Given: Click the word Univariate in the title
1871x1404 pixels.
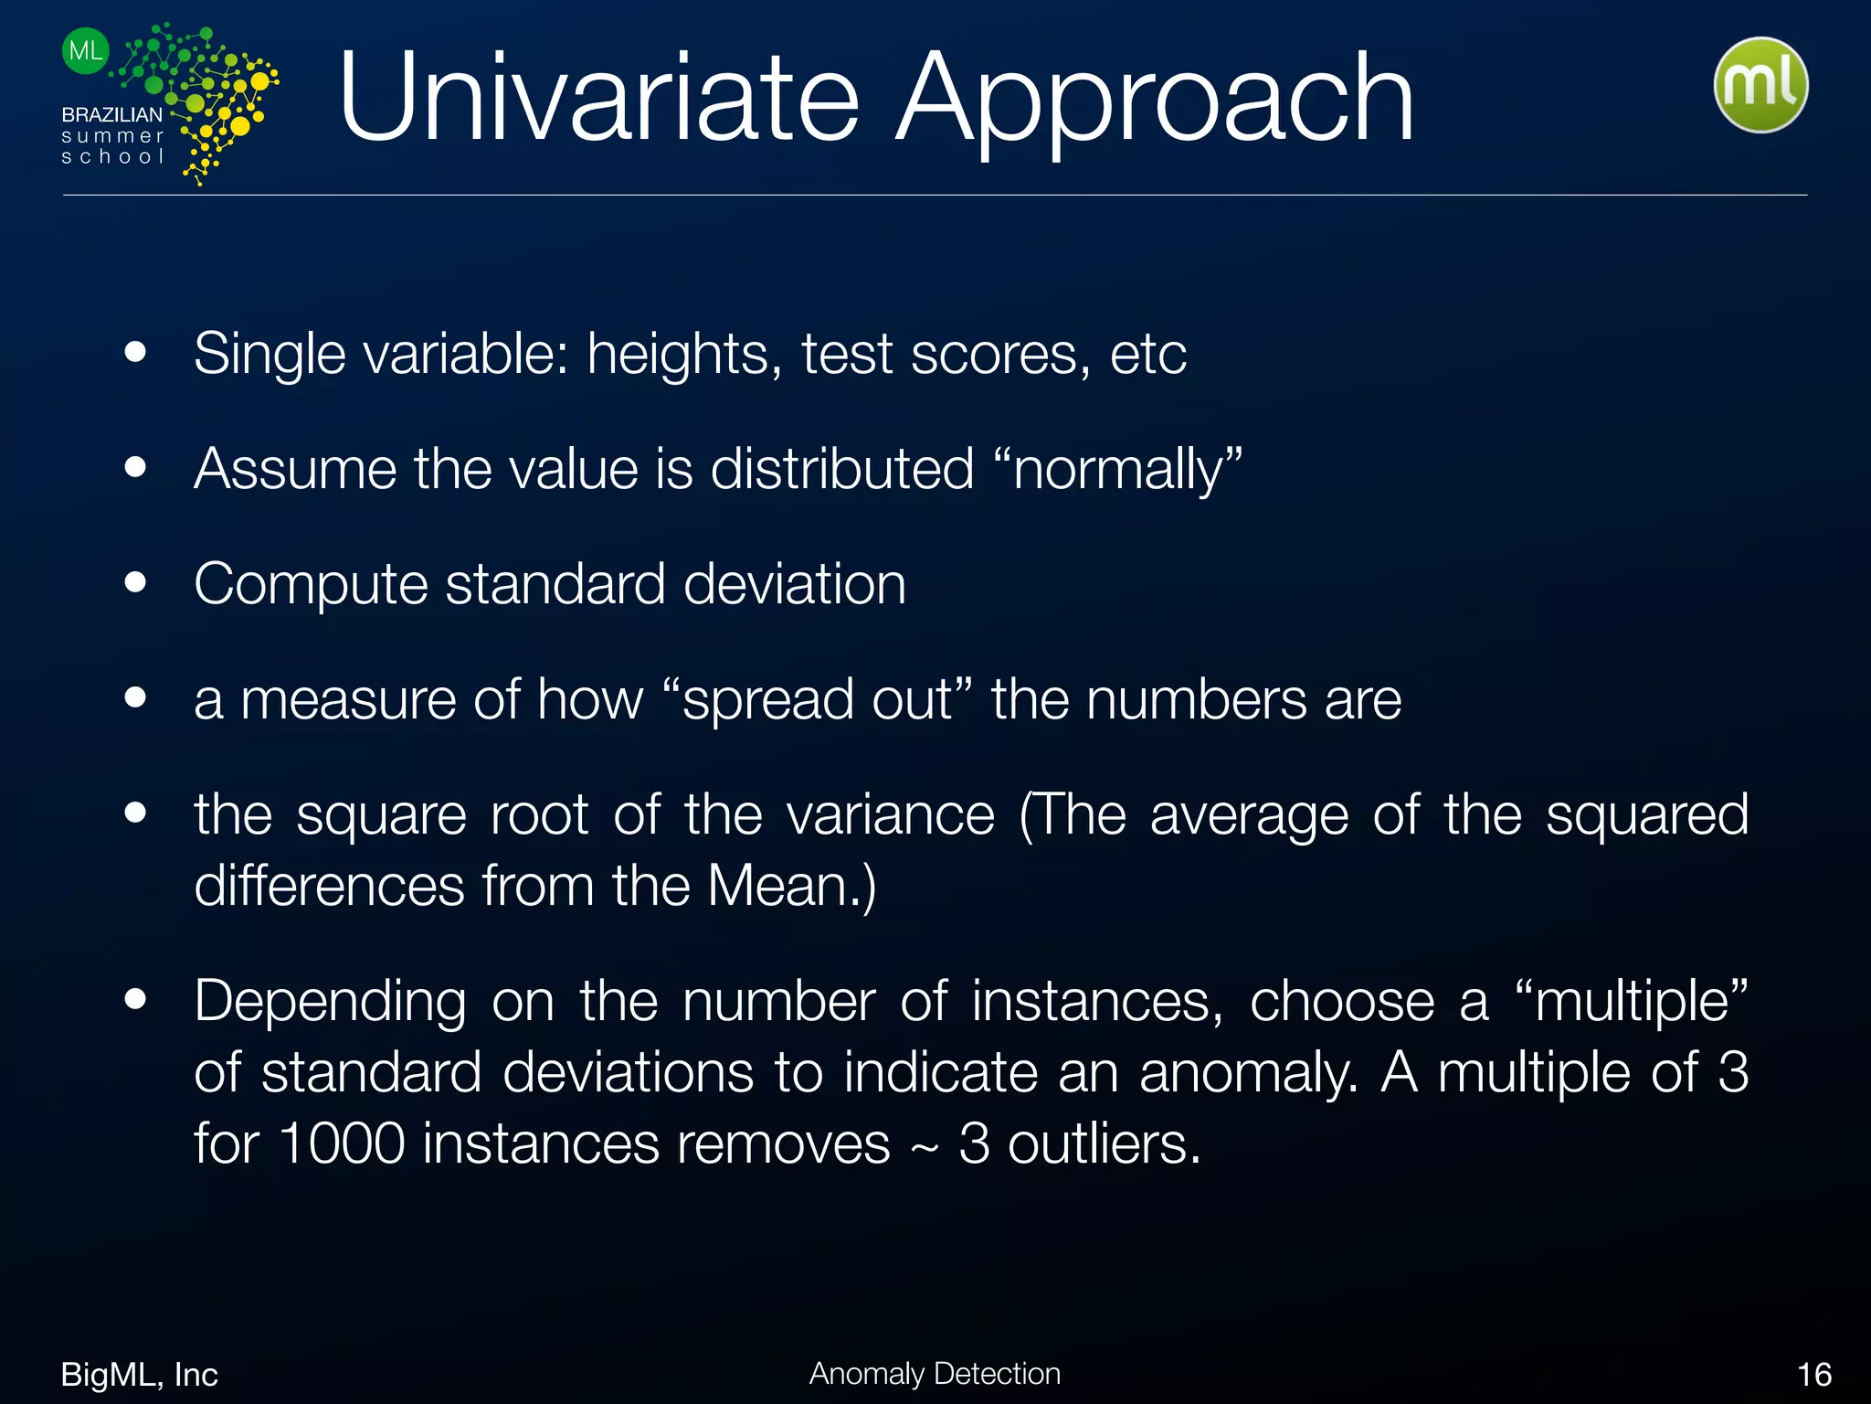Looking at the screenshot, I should pyautogui.click(x=598, y=98).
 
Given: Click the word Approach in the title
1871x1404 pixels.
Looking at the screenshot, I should pyautogui.click(x=1155, y=98).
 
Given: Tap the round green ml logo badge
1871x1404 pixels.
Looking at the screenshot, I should pyautogui.click(x=1760, y=85).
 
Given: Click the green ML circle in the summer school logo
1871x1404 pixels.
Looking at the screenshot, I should pyautogui.click(x=86, y=50).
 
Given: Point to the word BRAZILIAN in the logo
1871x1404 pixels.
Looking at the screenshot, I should pyautogui.click(x=111, y=115).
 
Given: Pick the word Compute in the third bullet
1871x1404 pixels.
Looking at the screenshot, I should pyautogui.click(x=311, y=585).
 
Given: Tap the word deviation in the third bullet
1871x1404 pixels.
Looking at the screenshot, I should pyautogui.click(x=795, y=584).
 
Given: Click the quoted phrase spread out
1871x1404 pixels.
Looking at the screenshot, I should pyautogui.click(x=818, y=700).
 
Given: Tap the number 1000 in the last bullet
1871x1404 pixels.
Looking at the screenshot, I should pyautogui.click(x=342, y=1143).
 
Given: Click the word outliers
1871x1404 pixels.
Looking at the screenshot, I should pyautogui.click(x=1103, y=1143).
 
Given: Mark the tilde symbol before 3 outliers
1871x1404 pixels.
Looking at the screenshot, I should pyautogui.click(x=925, y=1148).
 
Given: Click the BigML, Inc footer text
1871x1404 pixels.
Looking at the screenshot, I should pyautogui.click(x=139, y=1375).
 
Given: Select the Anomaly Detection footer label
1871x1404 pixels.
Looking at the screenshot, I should pyautogui.click(x=935, y=1374).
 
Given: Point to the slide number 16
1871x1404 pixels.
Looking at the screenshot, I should pyautogui.click(x=1814, y=1375).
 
